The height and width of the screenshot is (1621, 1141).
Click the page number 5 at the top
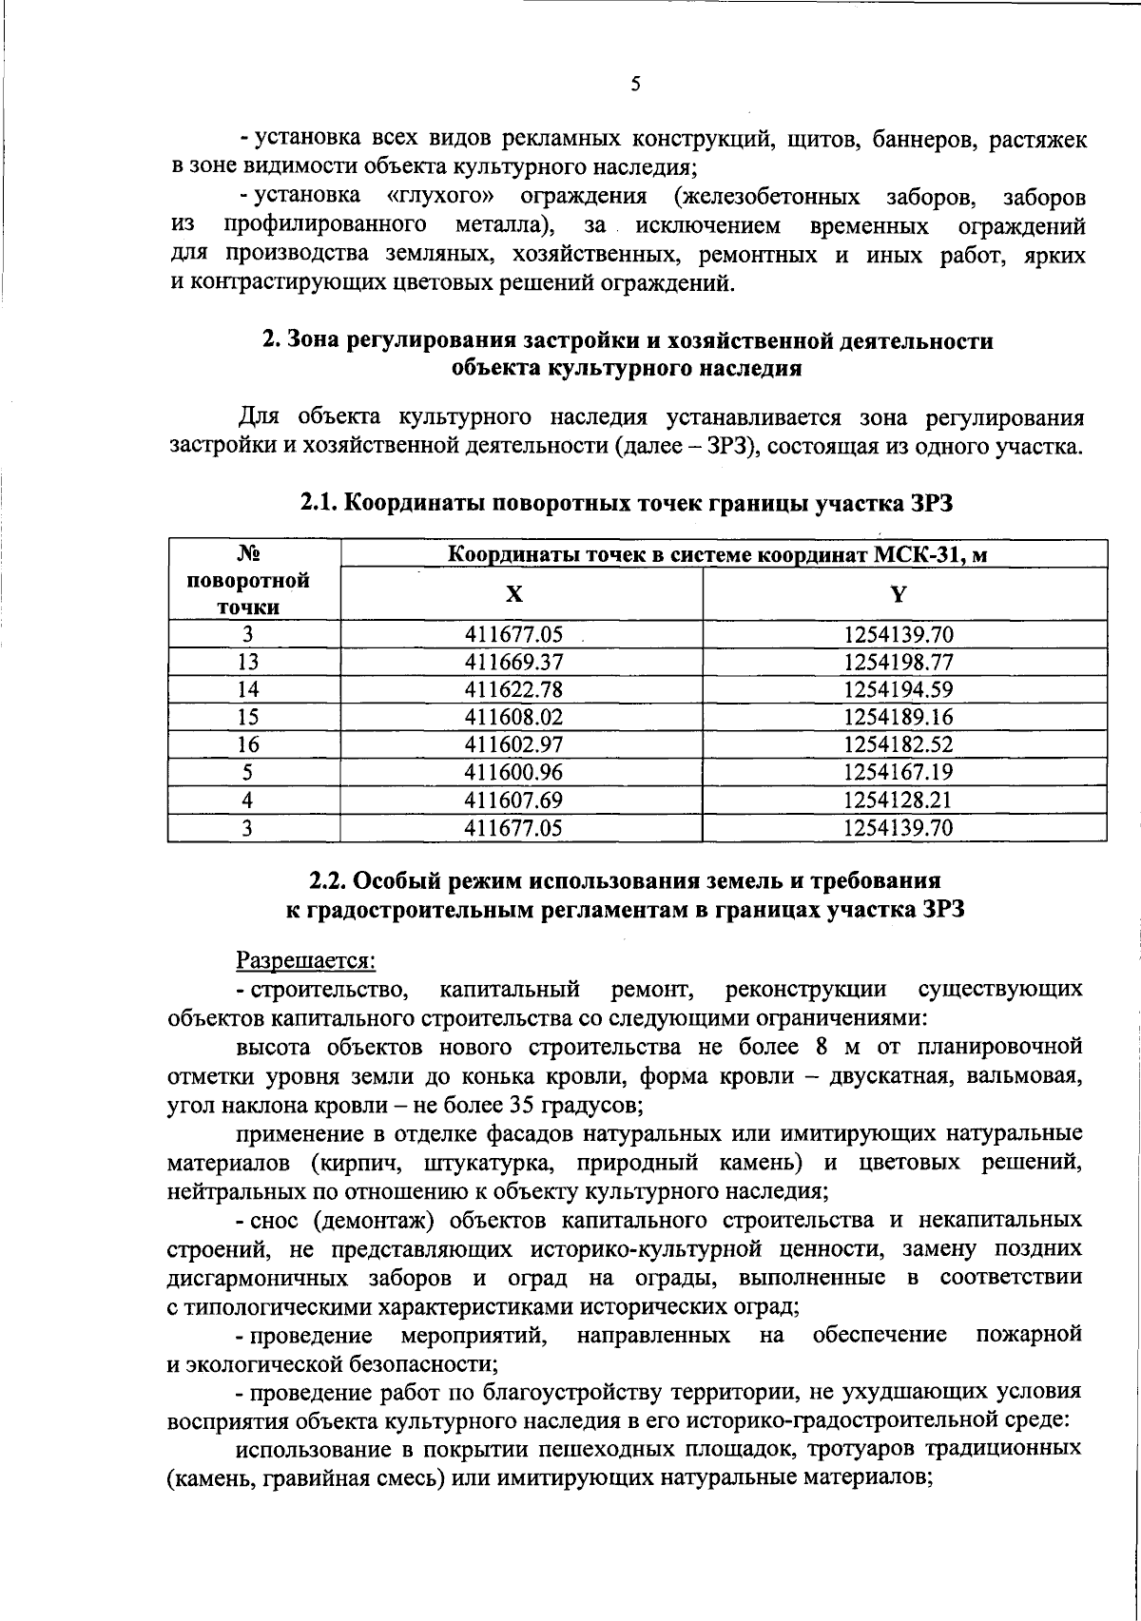click(x=635, y=84)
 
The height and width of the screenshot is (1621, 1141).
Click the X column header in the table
click(x=513, y=594)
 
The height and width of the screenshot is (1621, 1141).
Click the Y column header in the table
click(x=898, y=594)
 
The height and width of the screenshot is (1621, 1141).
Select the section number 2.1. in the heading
click(x=319, y=505)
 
